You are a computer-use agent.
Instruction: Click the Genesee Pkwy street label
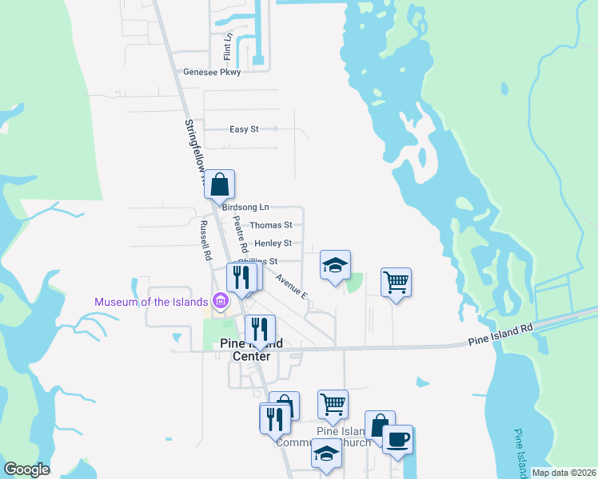point(212,72)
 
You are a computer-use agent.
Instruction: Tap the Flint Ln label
point(228,47)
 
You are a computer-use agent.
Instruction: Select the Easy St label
point(244,129)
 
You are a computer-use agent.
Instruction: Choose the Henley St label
point(273,243)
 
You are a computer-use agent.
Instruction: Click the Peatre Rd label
point(241,235)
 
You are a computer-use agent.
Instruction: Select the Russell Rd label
point(205,240)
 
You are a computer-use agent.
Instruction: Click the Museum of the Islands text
point(151,302)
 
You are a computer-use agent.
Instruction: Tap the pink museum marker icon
point(221,302)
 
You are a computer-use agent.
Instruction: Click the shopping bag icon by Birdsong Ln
point(219,184)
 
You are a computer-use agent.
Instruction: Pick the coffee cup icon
point(397,439)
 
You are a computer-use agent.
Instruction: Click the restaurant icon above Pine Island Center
point(260,329)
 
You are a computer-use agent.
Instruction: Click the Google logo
point(26,469)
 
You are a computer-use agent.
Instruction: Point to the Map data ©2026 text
point(564,473)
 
